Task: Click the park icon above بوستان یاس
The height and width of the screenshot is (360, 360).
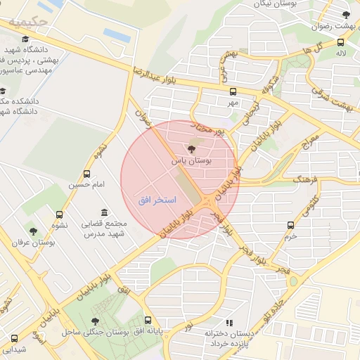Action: click(191, 149)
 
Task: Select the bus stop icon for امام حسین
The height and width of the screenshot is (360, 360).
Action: click(86, 174)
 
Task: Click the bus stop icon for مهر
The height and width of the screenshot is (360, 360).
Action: click(233, 91)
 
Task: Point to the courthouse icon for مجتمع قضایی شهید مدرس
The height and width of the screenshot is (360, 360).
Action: click(105, 213)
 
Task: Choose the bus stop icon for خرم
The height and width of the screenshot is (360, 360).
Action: click(290, 226)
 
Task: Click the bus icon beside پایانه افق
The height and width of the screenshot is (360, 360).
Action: click(147, 320)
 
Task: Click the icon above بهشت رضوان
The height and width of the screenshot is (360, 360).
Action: click(345, 14)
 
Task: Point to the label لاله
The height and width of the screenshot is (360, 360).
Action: click(341, 52)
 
